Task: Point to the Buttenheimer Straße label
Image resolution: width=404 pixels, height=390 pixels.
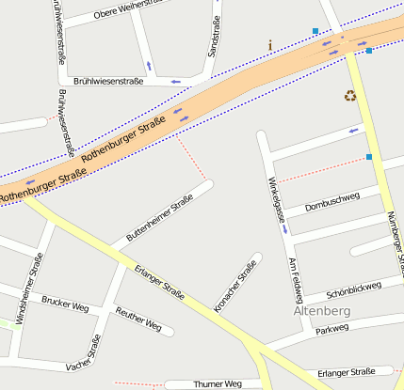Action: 159,218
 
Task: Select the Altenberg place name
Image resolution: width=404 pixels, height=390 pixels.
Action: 322,309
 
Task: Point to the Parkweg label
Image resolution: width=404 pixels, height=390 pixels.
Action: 331,329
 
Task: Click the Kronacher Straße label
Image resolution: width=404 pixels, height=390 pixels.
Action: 235,286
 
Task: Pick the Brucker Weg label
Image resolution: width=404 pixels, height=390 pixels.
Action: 65,306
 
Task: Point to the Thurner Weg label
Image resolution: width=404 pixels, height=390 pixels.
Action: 218,383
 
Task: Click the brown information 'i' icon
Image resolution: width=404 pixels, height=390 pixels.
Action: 271,45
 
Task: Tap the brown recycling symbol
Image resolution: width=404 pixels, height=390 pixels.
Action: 350,95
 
